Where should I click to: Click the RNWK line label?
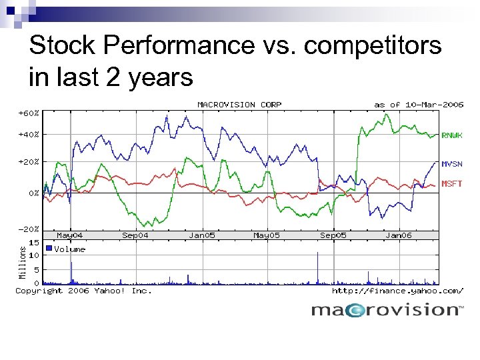pyautogui.click(x=452, y=135)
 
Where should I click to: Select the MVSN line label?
pyautogui.click(x=452, y=163)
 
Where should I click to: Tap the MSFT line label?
pyautogui.click(x=452, y=183)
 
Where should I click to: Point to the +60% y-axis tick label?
pyautogui.click(x=28, y=113)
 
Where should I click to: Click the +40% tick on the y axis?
pyautogui.click(x=28, y=135)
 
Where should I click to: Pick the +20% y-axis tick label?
pyautogui.click(x=28, y=162)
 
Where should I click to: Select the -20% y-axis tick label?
pyautogui.click(x=28, y=229)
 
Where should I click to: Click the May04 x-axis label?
pyautogui.click(x=70, y=235)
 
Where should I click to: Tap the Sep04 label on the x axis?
pyautogui.click(x=135, y=235)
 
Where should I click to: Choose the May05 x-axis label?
pyautogui.click(x=266, y=235)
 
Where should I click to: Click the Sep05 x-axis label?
pyautogui.click(x=333, y=235)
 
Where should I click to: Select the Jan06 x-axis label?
pyautogui.click(x=399, y=235)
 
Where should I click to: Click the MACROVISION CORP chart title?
pyautogui.click(x=239, y=105)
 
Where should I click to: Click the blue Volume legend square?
pyautogui.click(x=49, y=249)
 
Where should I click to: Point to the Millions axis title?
pyautogui.click(x=22, y=262)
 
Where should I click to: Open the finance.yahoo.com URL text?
pyautogui.click(x=397, y=291)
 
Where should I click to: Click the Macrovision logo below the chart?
pyautogui.click(x=387, y=310)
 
